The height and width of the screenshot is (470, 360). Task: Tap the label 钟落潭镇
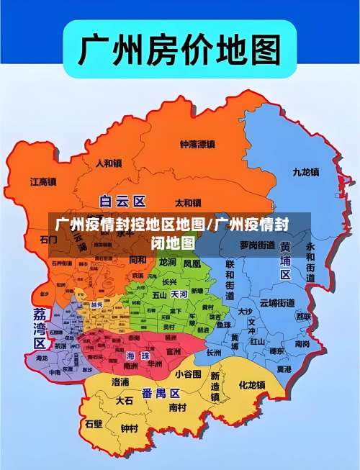(197, 144)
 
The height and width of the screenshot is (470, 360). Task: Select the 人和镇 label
(109, 163)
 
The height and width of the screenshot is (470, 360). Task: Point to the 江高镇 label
(43, 182)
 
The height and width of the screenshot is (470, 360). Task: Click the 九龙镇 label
(305, 172)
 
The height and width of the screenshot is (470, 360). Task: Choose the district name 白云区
(122, 201)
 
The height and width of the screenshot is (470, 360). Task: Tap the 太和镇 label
(189, 202)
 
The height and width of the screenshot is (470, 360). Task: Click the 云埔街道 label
(276, 302)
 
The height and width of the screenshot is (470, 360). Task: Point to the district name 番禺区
(161, 393)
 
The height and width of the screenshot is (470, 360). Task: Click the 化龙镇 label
(252, 385)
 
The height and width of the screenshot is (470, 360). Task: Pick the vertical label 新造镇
(215, 387)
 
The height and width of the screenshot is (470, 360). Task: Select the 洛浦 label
(120, 381)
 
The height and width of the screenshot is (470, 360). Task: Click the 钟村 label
(130, 428)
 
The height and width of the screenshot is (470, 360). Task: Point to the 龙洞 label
(167, 263)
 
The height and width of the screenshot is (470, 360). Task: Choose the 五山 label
(159, 294)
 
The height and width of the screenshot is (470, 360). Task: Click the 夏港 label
(284, 369)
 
